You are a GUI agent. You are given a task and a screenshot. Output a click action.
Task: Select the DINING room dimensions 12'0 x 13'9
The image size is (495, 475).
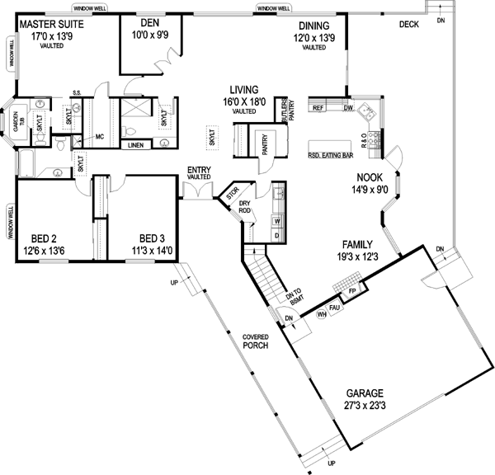(313, 38)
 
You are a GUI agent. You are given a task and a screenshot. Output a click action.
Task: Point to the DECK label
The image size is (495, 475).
(408, 25)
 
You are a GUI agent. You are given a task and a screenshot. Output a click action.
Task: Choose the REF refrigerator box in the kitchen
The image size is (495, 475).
(318, 108)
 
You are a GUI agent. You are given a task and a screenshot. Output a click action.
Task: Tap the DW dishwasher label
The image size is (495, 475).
(348, 108)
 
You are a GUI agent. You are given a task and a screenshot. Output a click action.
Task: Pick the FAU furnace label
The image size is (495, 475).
(335, 308)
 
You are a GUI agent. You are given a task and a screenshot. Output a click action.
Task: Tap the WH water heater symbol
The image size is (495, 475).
(321, 314)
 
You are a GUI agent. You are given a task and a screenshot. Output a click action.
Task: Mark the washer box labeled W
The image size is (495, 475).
(276, 221)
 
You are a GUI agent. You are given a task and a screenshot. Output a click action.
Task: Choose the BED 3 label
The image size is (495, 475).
(153, 233)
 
